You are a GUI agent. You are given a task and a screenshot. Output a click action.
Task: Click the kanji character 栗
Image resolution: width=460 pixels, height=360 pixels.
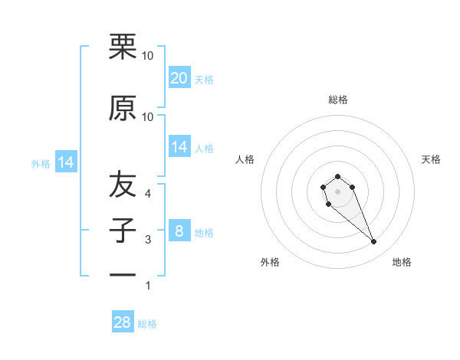pyautogui.click(x=123, y=47)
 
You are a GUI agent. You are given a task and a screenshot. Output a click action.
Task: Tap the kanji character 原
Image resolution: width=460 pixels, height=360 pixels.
pyautogui.click(x=123, y=109)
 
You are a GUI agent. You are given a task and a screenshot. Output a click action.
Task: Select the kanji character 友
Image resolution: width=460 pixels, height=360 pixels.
pyautogui.click(x=123, y=185)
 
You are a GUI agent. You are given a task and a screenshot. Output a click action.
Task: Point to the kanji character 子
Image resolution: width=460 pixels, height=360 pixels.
pyautogui.click(x=123, y=231)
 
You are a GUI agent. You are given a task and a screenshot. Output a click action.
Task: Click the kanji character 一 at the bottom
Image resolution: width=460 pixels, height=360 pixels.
pyautogui.click(x=123, y=274)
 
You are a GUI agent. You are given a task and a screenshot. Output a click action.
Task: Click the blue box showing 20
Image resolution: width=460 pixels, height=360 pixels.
pyautogui.click(x=179, y=78)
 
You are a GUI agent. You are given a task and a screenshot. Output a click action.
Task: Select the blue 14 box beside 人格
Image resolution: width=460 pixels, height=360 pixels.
pyautogui.click(x=179, y=148)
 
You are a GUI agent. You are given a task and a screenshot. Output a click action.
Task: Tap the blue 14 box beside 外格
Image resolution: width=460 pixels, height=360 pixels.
pyautogui.click(x=65, y=162)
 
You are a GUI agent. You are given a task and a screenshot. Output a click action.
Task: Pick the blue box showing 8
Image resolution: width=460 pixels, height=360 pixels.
pyautogui.click(x=179, y=231)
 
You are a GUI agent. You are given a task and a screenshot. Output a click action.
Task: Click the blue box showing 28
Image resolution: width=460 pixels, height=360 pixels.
pyautogui.click(x=123, y=322)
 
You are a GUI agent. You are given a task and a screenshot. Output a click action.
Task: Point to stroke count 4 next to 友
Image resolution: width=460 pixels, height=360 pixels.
pyautogui.click(x=149, y=193)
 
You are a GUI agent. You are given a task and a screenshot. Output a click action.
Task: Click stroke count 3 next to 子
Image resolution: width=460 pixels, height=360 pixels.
pyautogui.click(x=149, y=240)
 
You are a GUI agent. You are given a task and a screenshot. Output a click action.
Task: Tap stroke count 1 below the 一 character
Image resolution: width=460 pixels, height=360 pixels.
pyautogui.click(x=148, y=286)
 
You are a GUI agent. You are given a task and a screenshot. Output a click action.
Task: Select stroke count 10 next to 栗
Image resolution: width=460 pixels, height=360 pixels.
pyautogui.click(x=148, y=55)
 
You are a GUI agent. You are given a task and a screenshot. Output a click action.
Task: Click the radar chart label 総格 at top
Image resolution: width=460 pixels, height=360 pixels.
pyautogui.click(x=337, y=100)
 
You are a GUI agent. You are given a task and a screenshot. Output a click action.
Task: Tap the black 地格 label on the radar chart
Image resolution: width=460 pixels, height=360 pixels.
pyautogui.click(x=402, y=262)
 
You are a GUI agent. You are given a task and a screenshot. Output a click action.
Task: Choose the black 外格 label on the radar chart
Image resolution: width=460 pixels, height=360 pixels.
pyautogui.click(x=270, y=262)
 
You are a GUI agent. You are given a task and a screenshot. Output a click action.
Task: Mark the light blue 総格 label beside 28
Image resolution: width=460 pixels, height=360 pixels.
pyautogui.click(x=147, y=324)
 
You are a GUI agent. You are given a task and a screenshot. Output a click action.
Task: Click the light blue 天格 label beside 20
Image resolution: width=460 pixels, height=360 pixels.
pyautogui.click(x=204, y=79)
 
